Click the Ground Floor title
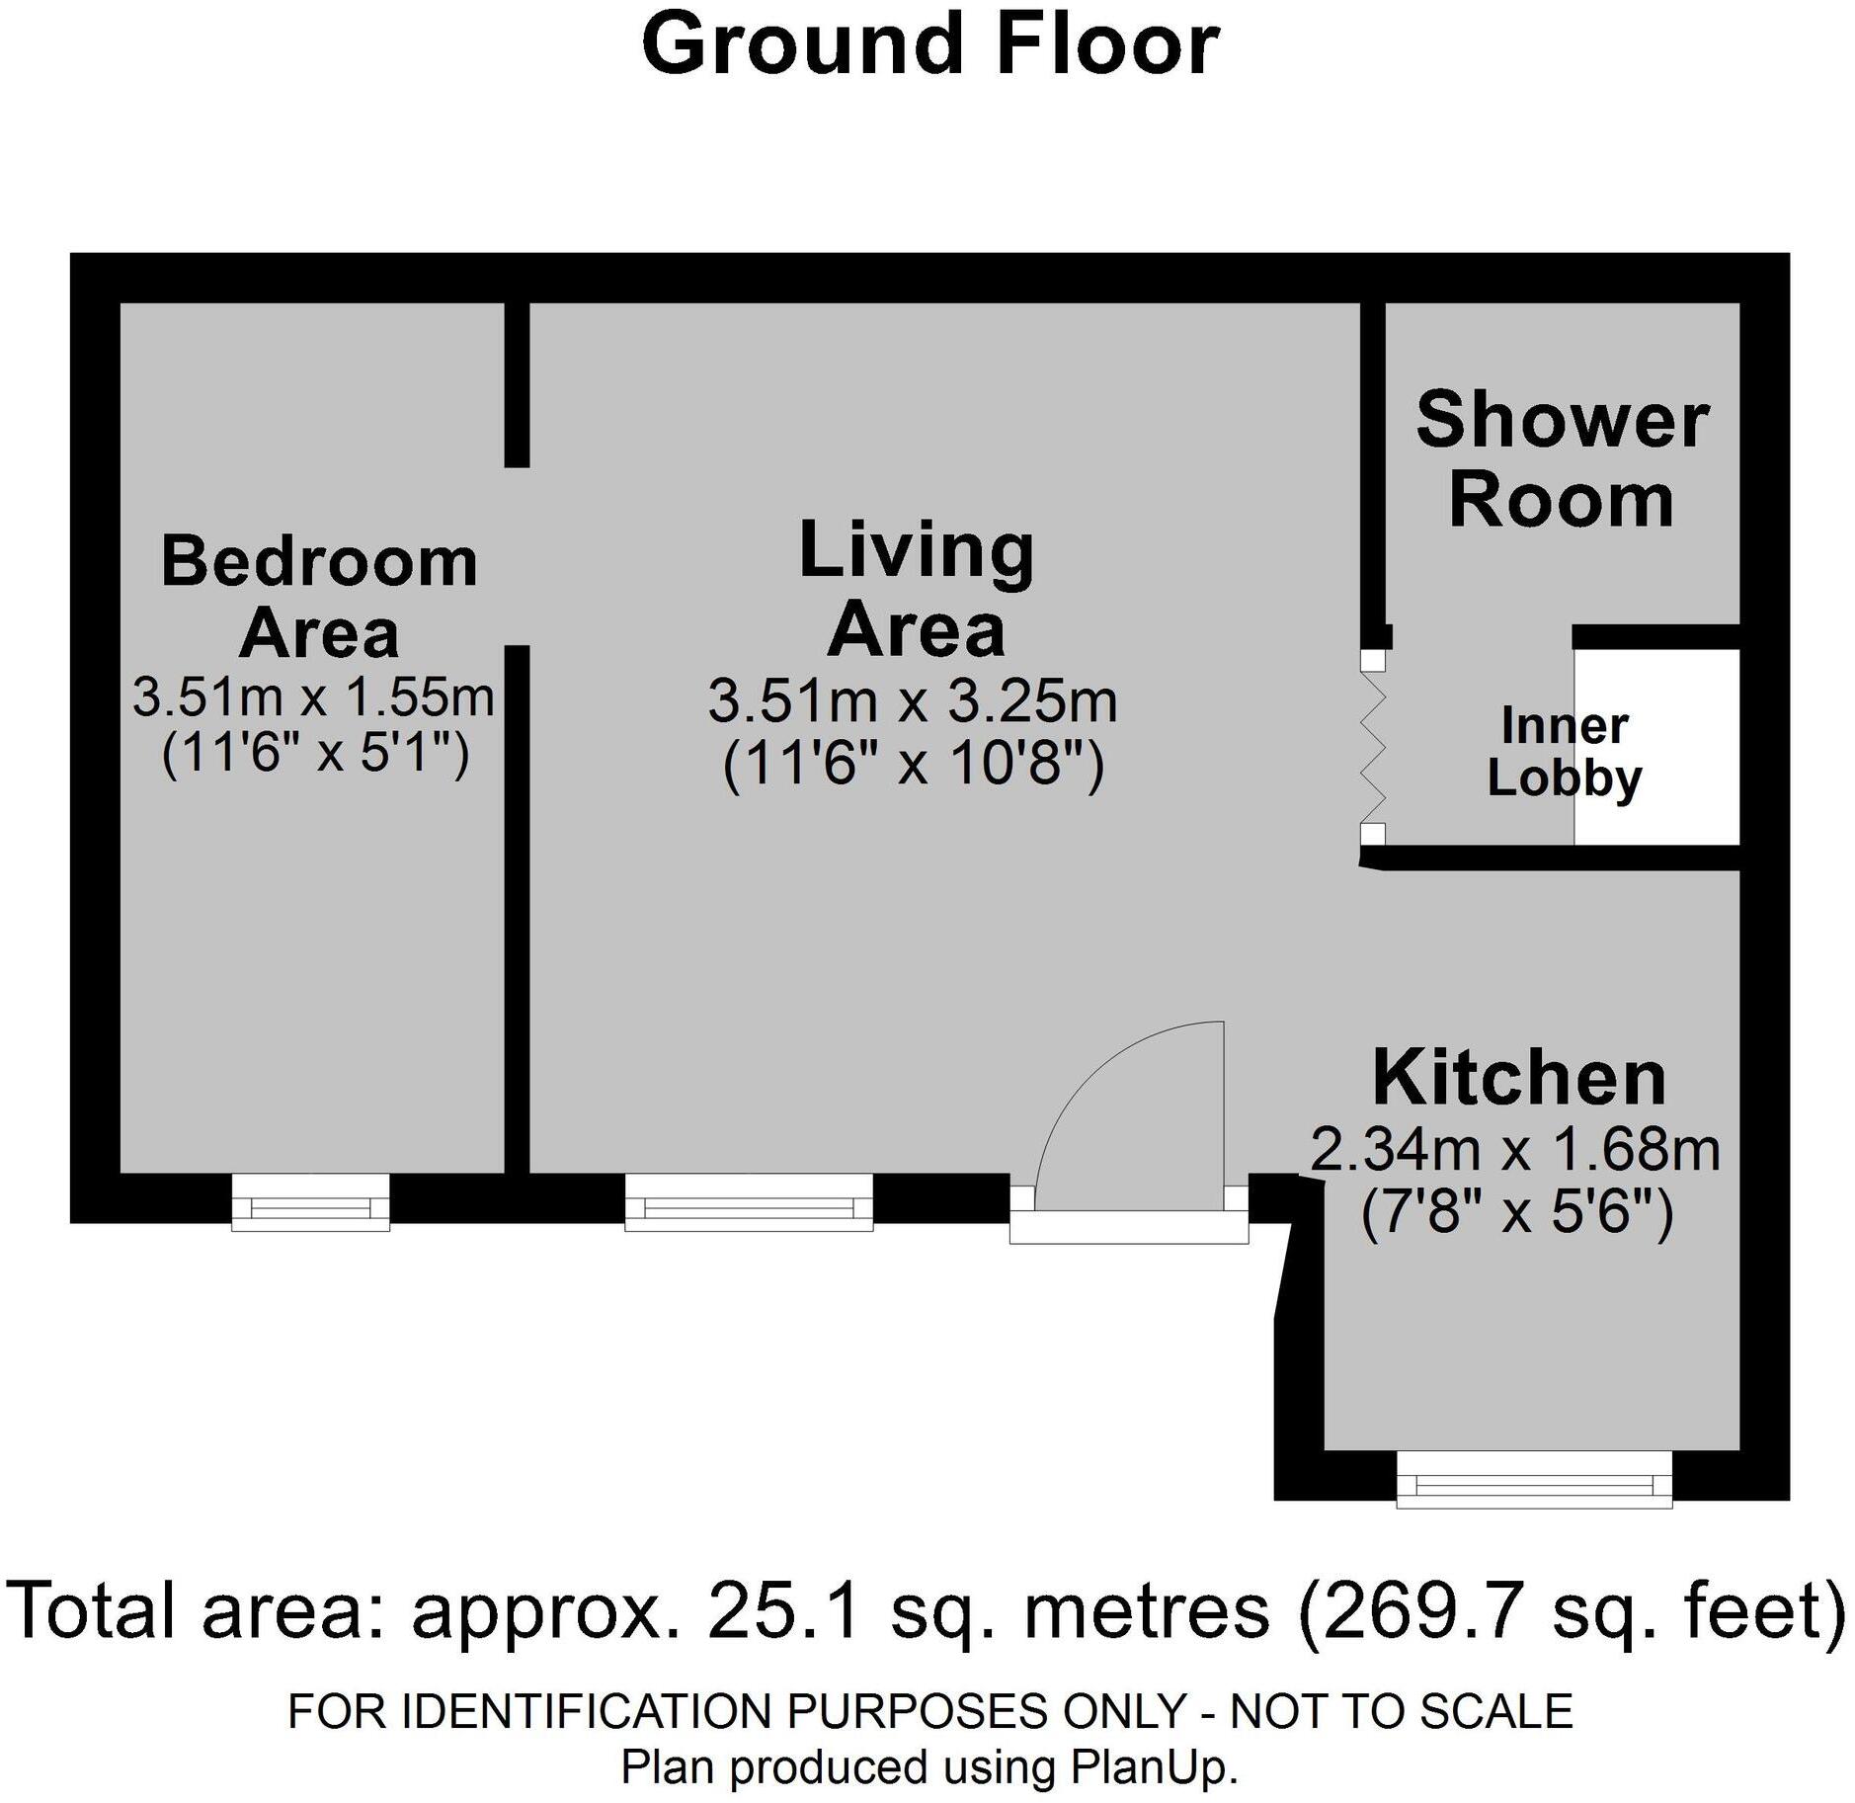(x=930, y=44)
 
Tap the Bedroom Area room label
(x=319, y=596)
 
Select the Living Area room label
(x=916, y=589)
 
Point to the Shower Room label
(x=1562, y=459)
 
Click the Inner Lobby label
(x=1565, y=752)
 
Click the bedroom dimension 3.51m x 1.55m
(x=313, y=697)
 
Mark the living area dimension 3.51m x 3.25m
(x=913, y=701)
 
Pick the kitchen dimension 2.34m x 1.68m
(x=1515, y=1150)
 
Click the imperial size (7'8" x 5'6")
(x=1517, y=1212)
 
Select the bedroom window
(x=311, y=1202)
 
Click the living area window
(x=749, y=1202)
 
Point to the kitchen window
(x=1534, y=1479)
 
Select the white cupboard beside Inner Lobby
(x=1656, y=747)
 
